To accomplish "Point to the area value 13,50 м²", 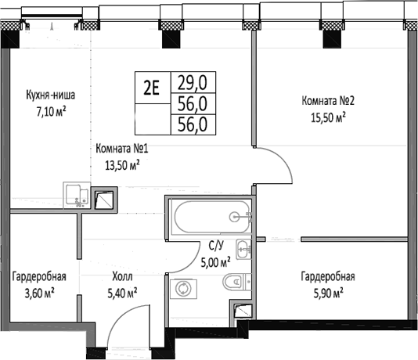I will coord(122,164).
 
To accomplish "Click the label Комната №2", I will coord(328,101).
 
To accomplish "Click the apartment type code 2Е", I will coord(151,88).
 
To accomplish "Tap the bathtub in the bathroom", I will coord(210,217).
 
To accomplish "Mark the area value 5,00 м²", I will coord(215,264).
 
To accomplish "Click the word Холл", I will coord(122,277).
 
